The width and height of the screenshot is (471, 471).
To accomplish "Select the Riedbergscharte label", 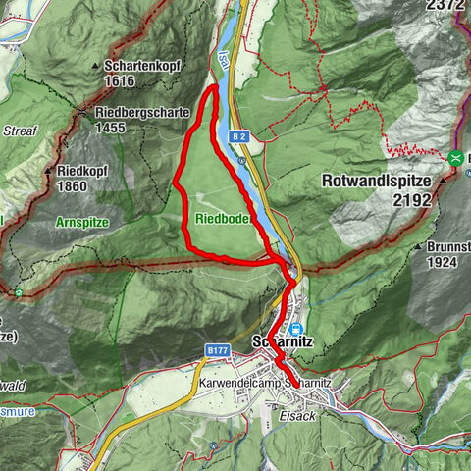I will [142, 112].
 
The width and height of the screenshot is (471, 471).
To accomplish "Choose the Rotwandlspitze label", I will [378, 181].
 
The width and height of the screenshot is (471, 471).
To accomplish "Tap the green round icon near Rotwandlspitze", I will [455, 157].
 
